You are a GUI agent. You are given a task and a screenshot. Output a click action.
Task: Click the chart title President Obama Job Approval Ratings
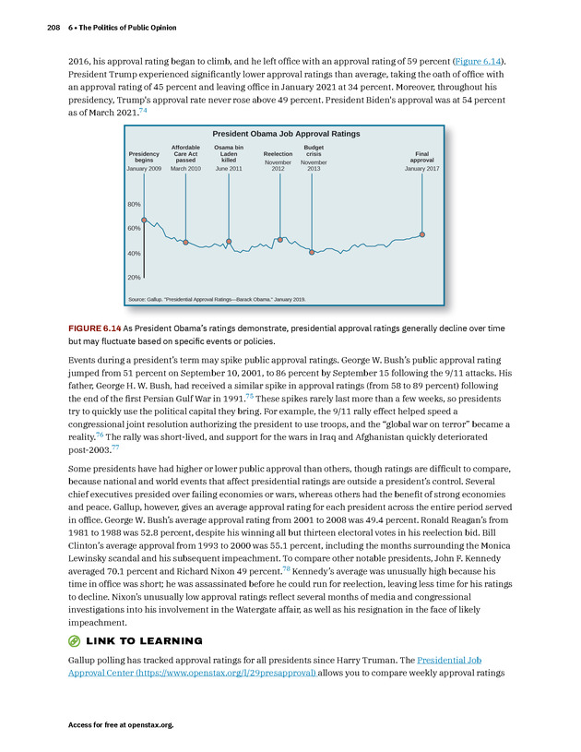(x=286, y=134)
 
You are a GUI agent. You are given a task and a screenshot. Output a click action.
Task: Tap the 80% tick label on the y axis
(x=134, y=204)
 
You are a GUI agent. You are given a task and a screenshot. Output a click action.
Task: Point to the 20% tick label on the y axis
(x=134, y=277)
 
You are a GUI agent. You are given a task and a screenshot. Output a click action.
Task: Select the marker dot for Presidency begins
(x=144, y=220)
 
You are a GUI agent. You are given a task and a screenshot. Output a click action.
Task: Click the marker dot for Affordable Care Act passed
(x=185, y=243)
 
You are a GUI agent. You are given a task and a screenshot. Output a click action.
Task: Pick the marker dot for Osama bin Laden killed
(x=229, y=242)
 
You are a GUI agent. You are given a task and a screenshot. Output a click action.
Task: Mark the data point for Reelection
(x=279, y=240)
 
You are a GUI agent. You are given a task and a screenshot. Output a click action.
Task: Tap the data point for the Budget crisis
(x=313, y=252)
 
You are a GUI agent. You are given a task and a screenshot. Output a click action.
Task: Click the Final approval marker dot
(x=422, y=234)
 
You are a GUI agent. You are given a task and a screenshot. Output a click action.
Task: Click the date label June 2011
(x=229, y=169)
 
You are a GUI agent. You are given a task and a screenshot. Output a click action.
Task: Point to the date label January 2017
(x=421, y=169)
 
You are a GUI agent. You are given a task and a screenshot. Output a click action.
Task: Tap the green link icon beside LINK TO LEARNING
(x=75, y=640)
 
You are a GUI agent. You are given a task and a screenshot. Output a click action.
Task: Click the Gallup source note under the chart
(x=217, y=300)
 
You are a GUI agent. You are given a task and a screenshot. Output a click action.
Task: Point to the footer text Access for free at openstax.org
(x=121, y=725)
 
